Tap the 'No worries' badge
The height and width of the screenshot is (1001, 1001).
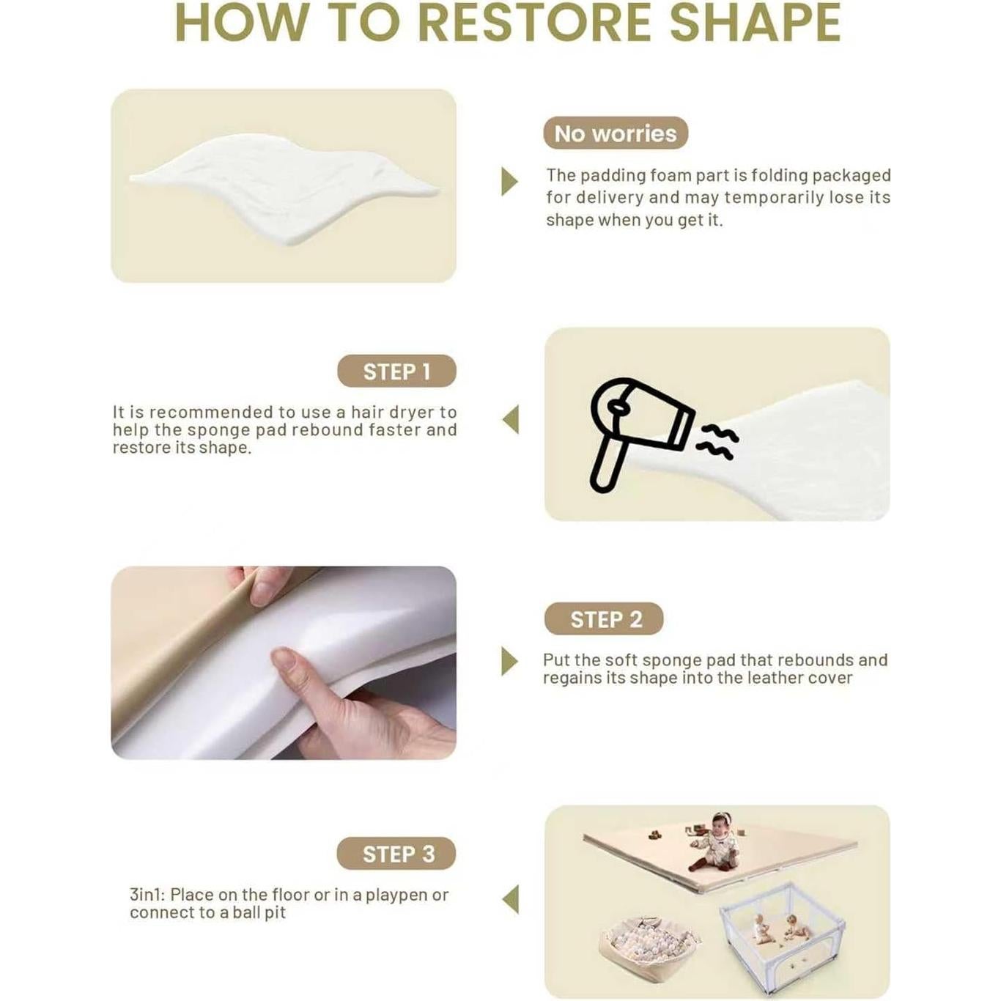tap(616, 133)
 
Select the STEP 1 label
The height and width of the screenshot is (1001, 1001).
tap(397, 372)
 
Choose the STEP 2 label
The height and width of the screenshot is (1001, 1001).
tap(604, 619)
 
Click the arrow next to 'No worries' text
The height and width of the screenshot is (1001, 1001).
tap(509, 181)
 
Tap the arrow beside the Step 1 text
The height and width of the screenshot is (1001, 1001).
tap(510, 419)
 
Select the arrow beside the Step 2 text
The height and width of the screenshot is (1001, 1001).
tap(509, 661)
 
